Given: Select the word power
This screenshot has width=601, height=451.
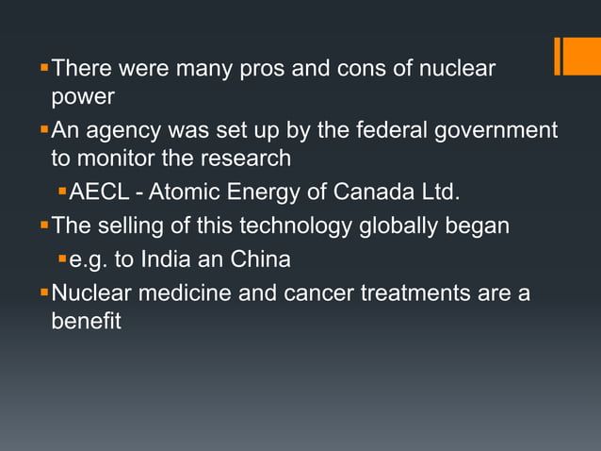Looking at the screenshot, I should coord(83,97).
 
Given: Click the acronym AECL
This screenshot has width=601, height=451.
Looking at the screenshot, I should coord(99,193).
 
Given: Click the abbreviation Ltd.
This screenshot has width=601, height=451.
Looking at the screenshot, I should coord(440,193).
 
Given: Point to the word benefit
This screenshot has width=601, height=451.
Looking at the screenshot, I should coord(86,322).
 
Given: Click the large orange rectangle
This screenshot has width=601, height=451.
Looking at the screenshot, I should coord(578,56).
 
